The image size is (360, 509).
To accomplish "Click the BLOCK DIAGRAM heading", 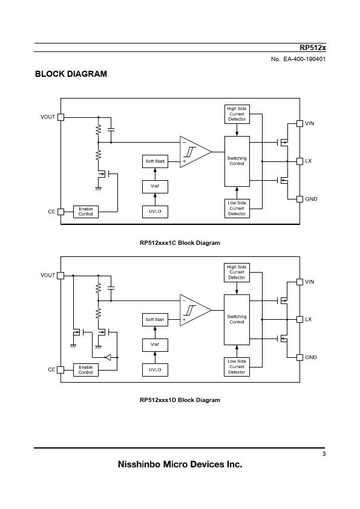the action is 71,74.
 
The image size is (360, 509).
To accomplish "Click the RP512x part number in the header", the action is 313,48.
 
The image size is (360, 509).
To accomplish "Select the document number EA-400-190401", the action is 304,59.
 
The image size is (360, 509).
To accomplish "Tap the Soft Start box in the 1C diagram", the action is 155,161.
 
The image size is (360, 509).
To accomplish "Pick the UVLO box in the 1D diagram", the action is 155,370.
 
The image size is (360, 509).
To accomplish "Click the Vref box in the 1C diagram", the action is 155,187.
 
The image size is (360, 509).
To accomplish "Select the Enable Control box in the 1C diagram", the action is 86,212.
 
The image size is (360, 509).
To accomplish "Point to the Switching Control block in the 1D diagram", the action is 237,320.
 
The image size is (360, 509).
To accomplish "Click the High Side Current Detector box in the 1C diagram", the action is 237,114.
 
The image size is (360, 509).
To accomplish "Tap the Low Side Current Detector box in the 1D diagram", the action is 237,367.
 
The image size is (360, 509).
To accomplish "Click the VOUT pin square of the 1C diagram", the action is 61,117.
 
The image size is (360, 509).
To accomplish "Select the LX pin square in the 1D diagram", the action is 300,319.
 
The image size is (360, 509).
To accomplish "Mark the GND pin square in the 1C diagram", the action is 300,199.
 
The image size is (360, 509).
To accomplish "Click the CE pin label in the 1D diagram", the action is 51,370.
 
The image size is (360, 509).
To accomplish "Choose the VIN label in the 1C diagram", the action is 310,123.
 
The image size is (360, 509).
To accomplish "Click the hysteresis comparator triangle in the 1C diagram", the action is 195,152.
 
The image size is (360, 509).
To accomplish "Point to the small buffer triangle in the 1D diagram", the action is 108,357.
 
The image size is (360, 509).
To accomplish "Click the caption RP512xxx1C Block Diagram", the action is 180,243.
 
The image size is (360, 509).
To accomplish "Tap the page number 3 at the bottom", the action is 324,454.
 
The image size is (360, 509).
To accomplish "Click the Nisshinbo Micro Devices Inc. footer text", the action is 180,464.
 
